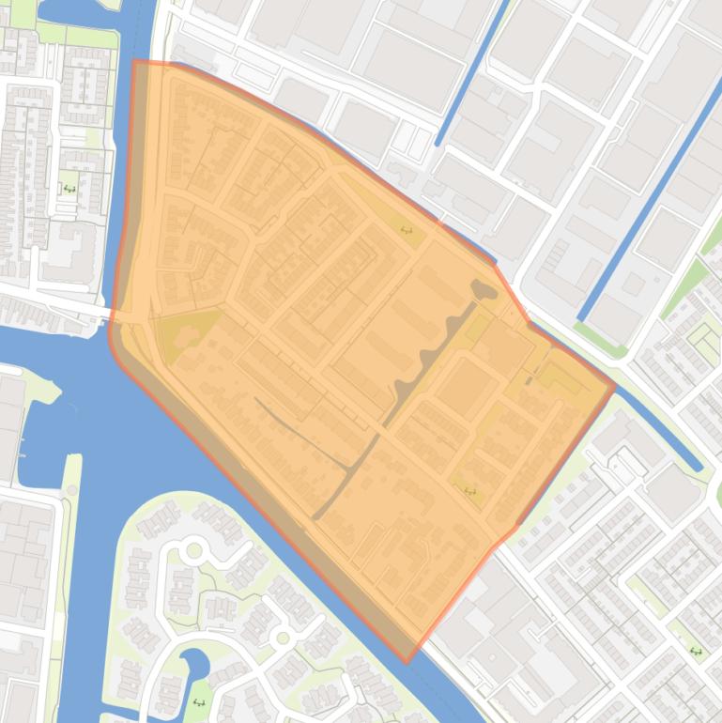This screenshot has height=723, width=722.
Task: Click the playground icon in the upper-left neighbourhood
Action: (x=69, y=189)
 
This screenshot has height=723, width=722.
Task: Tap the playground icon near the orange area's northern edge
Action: (x=407, y=229)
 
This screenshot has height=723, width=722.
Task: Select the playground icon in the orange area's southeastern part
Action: (x=469, y=490)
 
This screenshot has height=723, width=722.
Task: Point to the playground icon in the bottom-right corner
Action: (x=696, y=651)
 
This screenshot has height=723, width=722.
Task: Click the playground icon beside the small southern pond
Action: (x=198, y=701)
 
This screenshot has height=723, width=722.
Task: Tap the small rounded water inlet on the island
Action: (x=197, y=664)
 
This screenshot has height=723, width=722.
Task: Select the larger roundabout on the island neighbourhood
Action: (x=194, y=549)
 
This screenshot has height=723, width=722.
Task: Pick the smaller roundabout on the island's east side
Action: (x=282, y=638)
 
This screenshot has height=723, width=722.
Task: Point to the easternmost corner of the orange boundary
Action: (x=615, y=384)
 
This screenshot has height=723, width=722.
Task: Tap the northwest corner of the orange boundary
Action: (x=134, y=62)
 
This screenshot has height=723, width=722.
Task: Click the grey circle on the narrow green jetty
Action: (x=71, y=489)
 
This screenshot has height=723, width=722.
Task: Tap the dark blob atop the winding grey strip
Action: (x=484, y=291)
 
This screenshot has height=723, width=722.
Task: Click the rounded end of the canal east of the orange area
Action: (x=696, y=464)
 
